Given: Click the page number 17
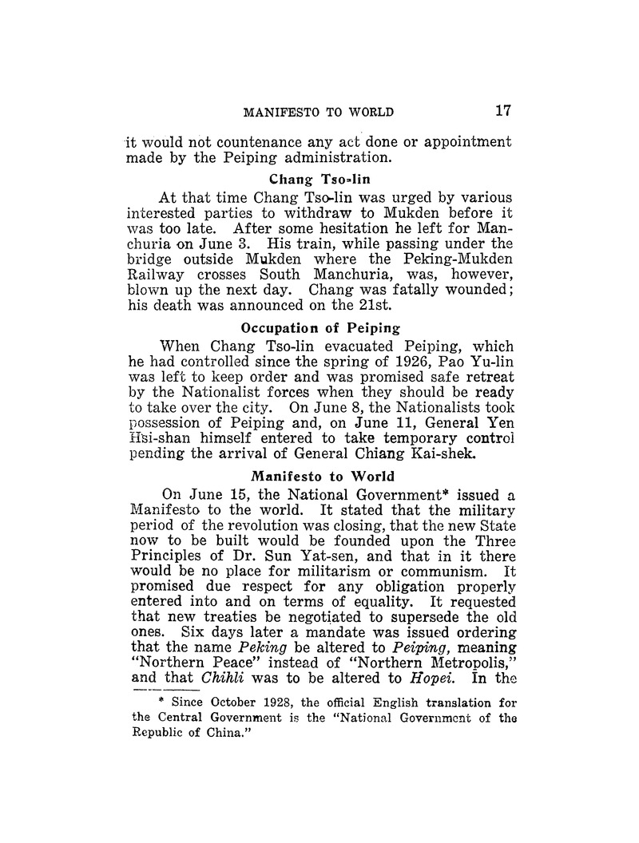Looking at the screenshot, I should click(502, 111).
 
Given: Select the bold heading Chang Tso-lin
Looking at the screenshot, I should click(319, 180).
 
